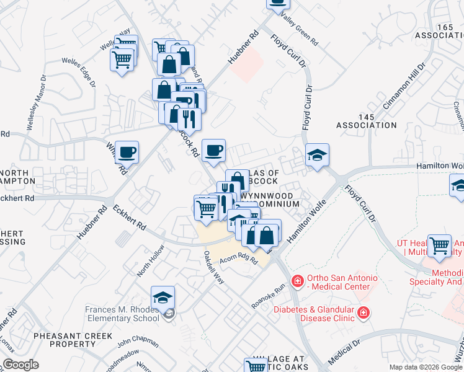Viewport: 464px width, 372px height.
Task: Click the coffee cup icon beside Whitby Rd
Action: (x=127, y=152)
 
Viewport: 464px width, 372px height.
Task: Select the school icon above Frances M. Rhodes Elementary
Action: (x=163, y=298)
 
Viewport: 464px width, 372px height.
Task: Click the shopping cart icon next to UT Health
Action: (x=440, y=246)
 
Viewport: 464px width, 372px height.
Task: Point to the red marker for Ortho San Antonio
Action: (x=297, y=281)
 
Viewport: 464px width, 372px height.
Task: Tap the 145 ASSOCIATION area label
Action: (x=367, y=121)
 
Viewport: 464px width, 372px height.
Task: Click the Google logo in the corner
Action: (x=21, y=365)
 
